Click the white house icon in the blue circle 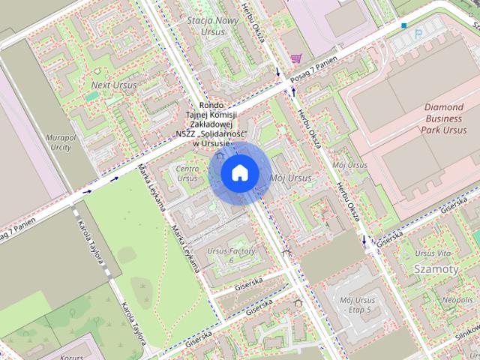tap(238, 173)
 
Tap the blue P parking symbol tap(418, 34)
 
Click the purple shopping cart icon tap(296, 58)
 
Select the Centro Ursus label tap(187, 173)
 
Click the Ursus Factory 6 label tap(231, 255)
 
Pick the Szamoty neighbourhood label tap(436, 268)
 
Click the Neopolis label tap(457, 300)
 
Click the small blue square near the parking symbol tap(404, 26)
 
